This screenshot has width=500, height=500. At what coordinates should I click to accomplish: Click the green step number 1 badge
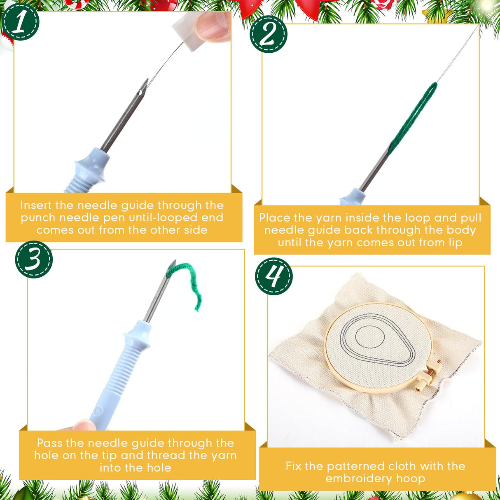coord(21,22)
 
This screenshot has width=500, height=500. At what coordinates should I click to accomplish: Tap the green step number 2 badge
coord(269,34)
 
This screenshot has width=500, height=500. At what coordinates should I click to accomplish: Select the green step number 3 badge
coord(34,259)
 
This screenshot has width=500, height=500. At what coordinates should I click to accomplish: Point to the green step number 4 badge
coord(274,276)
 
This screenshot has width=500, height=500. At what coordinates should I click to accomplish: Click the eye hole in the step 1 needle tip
coord(140,92)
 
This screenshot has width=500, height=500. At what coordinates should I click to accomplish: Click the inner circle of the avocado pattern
coord(370,337)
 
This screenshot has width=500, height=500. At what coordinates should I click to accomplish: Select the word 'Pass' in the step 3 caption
coord(49,443)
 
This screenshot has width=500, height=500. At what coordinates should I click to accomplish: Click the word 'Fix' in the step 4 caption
coord(294,466)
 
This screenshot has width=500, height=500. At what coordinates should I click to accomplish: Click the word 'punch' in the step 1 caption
coord(38,218)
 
